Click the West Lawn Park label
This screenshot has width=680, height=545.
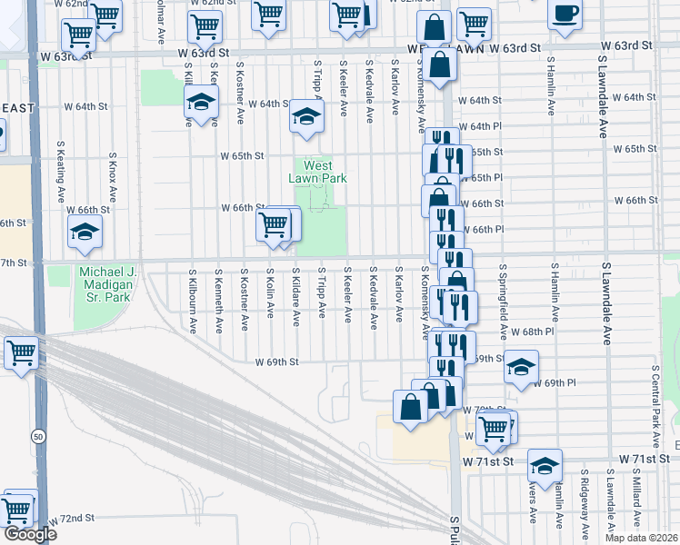(x=318, y=172)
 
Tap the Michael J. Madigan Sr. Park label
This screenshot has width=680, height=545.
(x=107, y=284)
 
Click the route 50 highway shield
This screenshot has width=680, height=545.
(x=37, y=436)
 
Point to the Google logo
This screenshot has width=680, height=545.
(x=30, y=534)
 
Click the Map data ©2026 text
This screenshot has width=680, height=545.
(x=640, y=538)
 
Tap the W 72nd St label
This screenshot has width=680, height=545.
(x=73, y=518)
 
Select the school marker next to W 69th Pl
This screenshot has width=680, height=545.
(x=521, y=367)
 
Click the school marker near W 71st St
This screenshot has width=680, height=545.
(x=545, y=466)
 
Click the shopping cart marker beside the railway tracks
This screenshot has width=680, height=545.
(x=21, y=352)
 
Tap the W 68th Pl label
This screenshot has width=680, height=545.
(x=531, y=333)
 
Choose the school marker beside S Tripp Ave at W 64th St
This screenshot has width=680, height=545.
(x=306, y=116)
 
